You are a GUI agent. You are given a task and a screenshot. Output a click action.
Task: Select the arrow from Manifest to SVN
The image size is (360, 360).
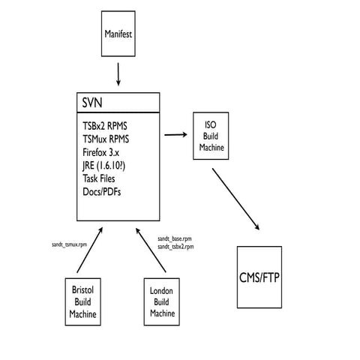point(119,73)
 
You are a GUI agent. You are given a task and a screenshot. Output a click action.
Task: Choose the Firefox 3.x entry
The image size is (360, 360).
point(103,151)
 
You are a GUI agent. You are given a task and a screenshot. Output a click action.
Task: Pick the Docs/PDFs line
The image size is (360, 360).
point(103,192)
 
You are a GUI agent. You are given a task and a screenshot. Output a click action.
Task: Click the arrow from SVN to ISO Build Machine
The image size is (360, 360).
point(175,134)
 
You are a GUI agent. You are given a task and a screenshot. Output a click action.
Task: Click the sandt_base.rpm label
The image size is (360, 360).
point(175,238)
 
